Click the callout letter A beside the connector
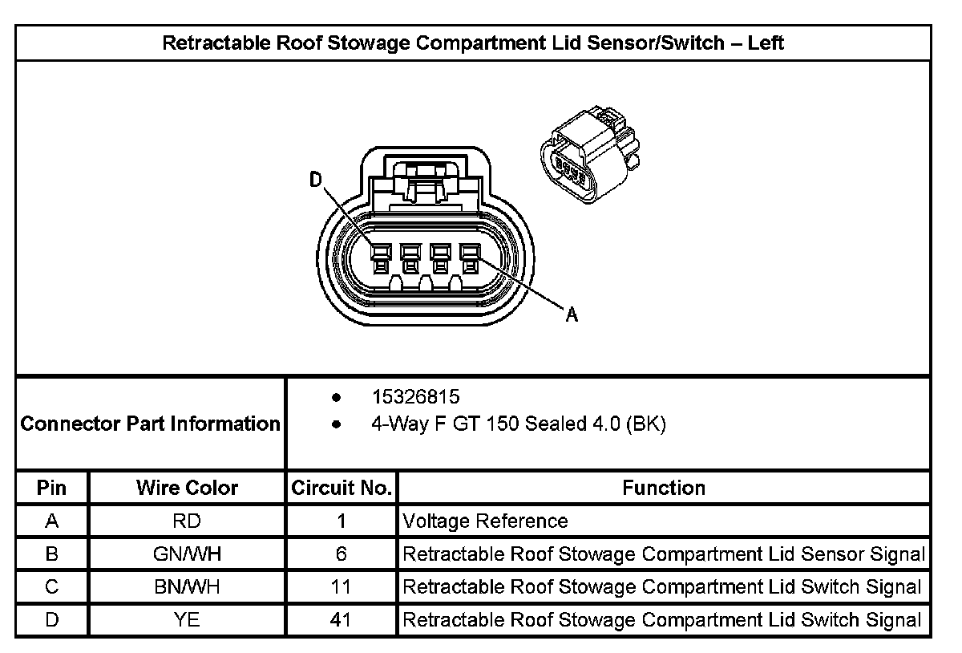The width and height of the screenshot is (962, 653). click(572, 315)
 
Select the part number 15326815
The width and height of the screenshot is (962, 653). click(415, 397)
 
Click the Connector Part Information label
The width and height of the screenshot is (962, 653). click(150, 423)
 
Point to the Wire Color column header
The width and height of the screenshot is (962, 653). click(187, 488)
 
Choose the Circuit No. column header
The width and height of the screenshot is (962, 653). click(342, 488)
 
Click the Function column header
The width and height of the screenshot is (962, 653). click(664, 488)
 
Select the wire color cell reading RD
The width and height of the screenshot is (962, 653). click(187, 521)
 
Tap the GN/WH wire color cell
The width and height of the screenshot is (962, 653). click(187, 554)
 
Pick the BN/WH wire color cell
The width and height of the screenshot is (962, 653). click(187, 587)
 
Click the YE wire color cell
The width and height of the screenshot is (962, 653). click(187, 620)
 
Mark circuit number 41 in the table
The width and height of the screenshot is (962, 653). click(342, 620)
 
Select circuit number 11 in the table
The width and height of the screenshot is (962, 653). click(342, 587)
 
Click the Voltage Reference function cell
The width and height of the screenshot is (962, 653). click(485, 521)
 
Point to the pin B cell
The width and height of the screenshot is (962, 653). click(52, 554)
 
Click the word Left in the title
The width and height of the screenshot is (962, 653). click(766, 43)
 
